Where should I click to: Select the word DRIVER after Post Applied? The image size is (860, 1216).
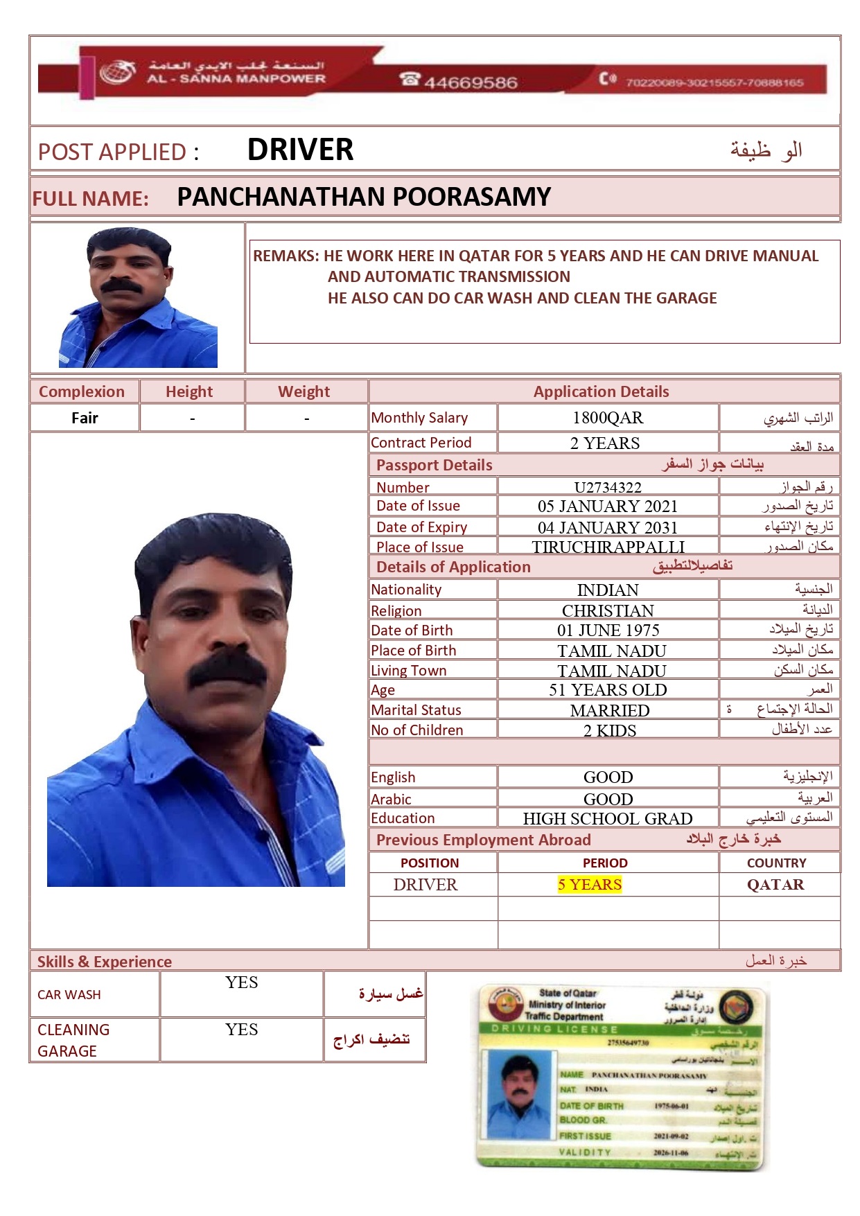pyautogui.click(x=300, y=150)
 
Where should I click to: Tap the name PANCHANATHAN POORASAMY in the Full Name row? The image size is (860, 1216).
pyautogui.click(x=364, y=197)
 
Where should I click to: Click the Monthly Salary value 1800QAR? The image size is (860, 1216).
pyautogui.click(x=608, y=418)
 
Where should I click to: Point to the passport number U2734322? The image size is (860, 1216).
pyautogui.click(x=608, y=487)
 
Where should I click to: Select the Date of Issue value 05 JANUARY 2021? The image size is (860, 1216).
pyautogui.click(x=608, y=506)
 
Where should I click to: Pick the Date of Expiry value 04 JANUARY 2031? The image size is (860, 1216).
pyautogui.click(x=608, y=527)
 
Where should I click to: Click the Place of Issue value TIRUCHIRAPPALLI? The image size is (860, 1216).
pyautogui.click(x=608, y=547)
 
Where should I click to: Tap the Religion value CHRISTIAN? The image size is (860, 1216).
pyautogui.click(x=608, y=610)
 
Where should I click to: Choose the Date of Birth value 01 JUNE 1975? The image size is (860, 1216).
pyautogui.click(x=608, y=631)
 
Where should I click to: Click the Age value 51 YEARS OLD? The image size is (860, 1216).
pyautogui.click(x=608, y=690)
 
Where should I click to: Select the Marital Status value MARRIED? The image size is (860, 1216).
pyautogui.click(x=610, y=710)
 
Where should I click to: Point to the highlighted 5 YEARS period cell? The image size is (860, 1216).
pyautogui.click(x=590, y=885)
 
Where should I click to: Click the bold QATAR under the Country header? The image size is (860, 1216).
pyautogui.click(x=775, y=885)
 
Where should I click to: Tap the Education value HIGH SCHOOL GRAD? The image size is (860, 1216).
pyautogui.click(x=608, y=818)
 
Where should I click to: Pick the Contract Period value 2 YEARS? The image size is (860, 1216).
pyautogui.click(x=605, y=443)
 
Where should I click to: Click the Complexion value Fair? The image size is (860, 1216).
pyautogui.click(x=85, y=418)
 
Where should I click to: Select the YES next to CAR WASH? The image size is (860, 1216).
pyautogui.click(x=241, y=983)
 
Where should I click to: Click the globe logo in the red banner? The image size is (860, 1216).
pyautogui.click(x=117, y=73)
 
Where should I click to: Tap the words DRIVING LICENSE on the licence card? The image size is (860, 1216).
pyautogui.click(x=554, y=1029)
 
